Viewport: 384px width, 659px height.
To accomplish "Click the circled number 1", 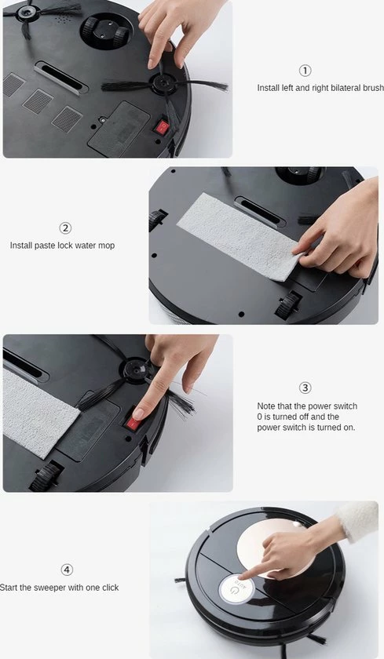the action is pyautogui.click(x=305, y=71).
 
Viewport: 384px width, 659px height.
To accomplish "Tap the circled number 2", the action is pyautogui.click(x=64, y=228).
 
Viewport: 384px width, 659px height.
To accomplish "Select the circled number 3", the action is pyautogui.click(x=305, y=388).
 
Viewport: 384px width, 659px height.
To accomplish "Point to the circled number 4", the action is pyautogui.click(x=67, y=570).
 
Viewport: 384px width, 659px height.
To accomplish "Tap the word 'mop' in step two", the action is pyautogui.click(x=107, y=246).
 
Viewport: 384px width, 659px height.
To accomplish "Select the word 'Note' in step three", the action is pyautogui.click(x=265, y=406).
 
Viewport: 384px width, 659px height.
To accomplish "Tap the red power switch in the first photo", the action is pyautogui.click(x=162, y=126).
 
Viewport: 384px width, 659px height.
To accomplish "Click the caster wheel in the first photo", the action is pyautogui.click(x=106, y=31).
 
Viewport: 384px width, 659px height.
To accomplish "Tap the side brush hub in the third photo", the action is pyautogui.click(x=135, y=370).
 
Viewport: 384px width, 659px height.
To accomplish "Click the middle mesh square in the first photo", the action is pyautogui.click(x=38, y=101).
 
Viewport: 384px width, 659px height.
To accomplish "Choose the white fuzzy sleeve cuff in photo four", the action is pyautogui.click(x=357, y=520).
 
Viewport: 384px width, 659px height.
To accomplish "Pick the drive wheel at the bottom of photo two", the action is pyautogui.click(x=288, y=304).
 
